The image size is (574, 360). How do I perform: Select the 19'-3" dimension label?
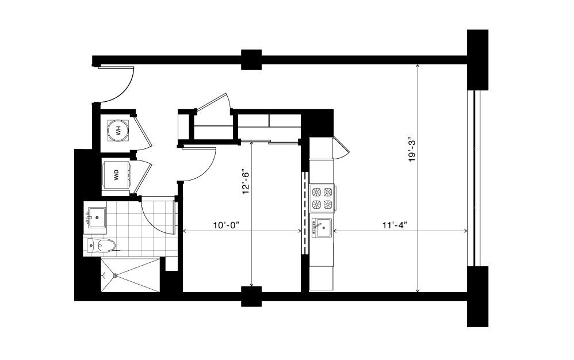pos(413,151)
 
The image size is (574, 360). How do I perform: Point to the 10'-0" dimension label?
pos(226,225)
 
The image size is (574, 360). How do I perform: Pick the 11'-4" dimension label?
pos(395,225)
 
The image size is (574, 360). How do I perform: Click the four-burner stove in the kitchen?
pos(323,198)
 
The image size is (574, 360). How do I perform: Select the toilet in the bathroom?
pos(101,245)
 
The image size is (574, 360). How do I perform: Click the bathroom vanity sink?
pos(97,218)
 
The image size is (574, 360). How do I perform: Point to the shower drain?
pos(116,275)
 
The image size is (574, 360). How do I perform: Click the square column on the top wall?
pos(251,59)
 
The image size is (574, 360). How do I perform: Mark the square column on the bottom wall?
pos(251,296)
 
